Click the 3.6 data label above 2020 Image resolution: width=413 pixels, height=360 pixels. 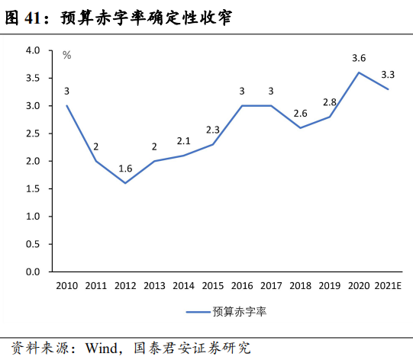click(358, 57)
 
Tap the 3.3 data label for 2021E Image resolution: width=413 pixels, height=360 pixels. click(387, 74)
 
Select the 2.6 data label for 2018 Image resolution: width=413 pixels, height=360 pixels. click(300, 113)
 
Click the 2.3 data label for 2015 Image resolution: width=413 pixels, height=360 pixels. click(213, 130)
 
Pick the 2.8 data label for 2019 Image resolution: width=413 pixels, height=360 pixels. click(329, 101)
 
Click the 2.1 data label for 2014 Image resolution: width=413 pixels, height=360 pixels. click(183, 140)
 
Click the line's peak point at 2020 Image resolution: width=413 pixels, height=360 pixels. click(359, 72)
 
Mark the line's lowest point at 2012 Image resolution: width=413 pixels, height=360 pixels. click(125, 183)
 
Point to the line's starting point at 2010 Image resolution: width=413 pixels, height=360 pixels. click(66, 105)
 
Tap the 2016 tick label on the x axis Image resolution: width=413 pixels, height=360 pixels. click(241, 285)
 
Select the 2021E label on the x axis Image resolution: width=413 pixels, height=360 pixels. click(389, 285)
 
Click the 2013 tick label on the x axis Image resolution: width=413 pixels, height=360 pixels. click(154, 285)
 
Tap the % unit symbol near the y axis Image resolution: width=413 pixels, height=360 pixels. click(66, 55)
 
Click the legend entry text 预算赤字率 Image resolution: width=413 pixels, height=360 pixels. click(239, 311)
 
